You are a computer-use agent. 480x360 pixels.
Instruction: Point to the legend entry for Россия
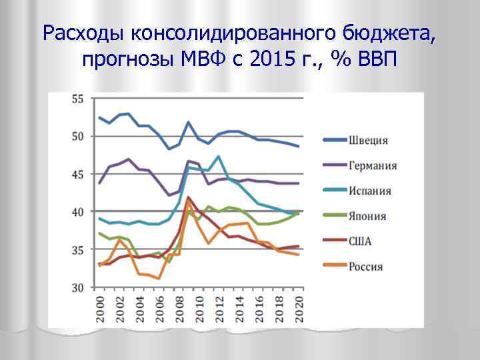click(x=366, y=267)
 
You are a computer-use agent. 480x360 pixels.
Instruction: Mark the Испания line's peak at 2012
click(x=219, y=157)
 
